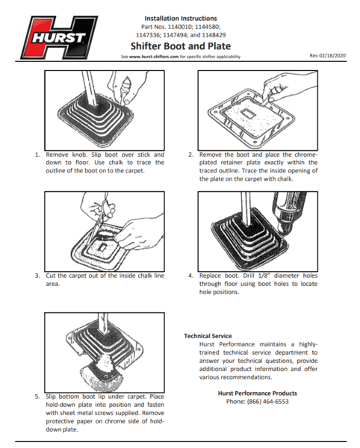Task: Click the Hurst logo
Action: tap(60, 37)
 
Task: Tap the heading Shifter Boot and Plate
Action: tap(181, 46)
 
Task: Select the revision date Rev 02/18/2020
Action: tap(328, 55)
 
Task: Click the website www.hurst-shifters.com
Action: tap(154, 57)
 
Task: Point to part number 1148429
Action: tap(214, 35)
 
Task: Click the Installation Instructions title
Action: tap(181, 19)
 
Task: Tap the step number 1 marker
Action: tap(37, 155)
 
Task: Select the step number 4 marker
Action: tap(191, 276)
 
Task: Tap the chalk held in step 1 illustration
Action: tap(125, 88)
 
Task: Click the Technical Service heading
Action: tap(208, 336)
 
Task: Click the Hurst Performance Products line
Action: tap(258, 393)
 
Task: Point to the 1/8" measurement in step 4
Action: tap(264, 276)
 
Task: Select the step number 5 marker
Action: tap(37, 397)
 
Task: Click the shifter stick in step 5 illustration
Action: tap(103, 323)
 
